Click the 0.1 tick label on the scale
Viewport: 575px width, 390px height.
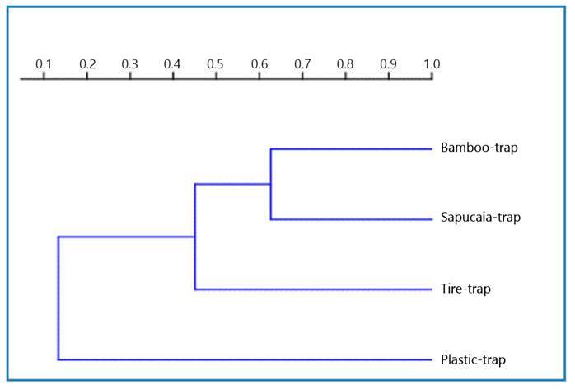(44, 63)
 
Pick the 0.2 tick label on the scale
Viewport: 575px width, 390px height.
(87, 63)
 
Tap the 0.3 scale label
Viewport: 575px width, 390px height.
(130, 63)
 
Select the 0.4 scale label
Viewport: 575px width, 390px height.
(172, 63)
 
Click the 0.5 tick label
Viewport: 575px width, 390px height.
(216, 63)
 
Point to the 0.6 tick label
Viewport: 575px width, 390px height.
(259, 63)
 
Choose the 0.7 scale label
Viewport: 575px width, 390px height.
(302, 63)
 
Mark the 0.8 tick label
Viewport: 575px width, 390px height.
(345, 63)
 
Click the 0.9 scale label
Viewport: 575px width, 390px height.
(388, 63)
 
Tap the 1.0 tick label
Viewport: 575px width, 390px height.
(431, 63)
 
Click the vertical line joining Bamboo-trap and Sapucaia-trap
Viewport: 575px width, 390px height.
(271, 184)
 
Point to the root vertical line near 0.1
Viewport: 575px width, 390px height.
(58, 298)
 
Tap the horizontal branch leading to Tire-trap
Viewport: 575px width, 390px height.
(313, 289)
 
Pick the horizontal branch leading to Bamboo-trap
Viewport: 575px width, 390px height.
(351, 149)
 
